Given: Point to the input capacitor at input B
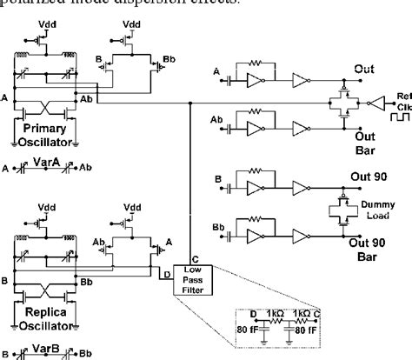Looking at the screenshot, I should click(230, 190).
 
